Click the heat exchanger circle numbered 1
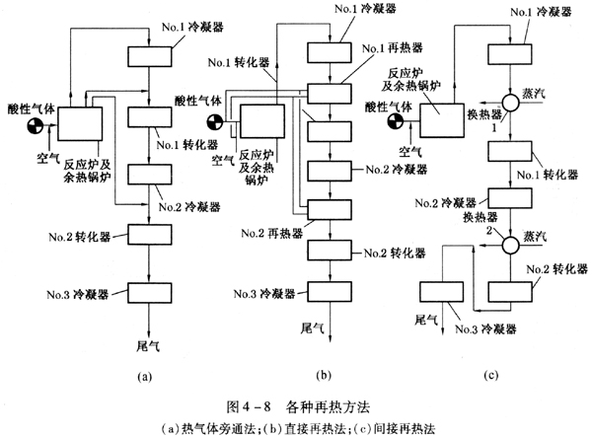[x=512, y=102]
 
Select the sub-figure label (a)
[x=146, y=375]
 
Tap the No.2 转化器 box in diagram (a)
[x=148, y=234]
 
